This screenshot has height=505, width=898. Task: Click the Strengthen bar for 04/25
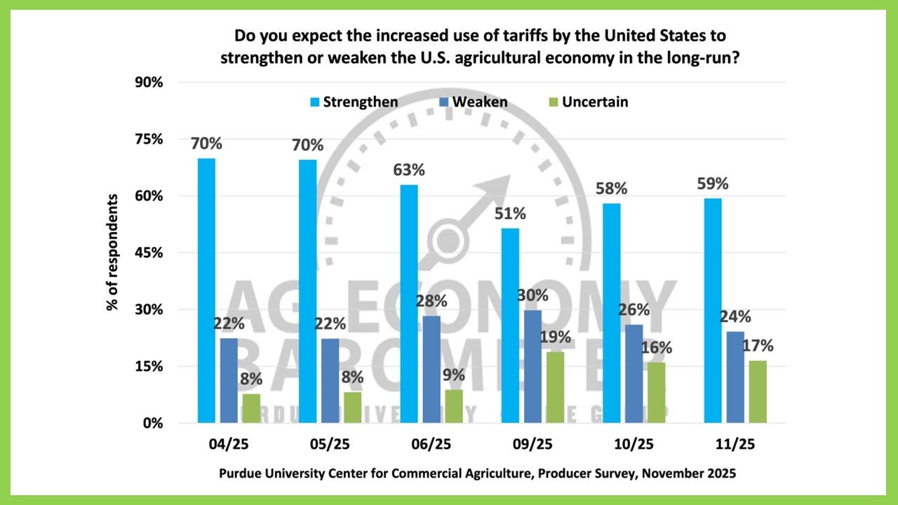(206, 290)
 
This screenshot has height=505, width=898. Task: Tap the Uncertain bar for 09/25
(554, 387)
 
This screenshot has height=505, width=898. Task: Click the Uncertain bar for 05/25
(353, 408)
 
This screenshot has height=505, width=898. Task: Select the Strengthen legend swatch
(314, 102)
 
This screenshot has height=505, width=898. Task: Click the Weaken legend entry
(480, 102)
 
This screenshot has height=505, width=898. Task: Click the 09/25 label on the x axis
(534, 445)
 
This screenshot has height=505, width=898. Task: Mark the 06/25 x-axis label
(431, 445)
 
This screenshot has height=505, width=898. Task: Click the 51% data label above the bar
(510, 214)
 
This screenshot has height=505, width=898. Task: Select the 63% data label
(410, 170)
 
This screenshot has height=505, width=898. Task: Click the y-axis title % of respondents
(113, 252)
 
